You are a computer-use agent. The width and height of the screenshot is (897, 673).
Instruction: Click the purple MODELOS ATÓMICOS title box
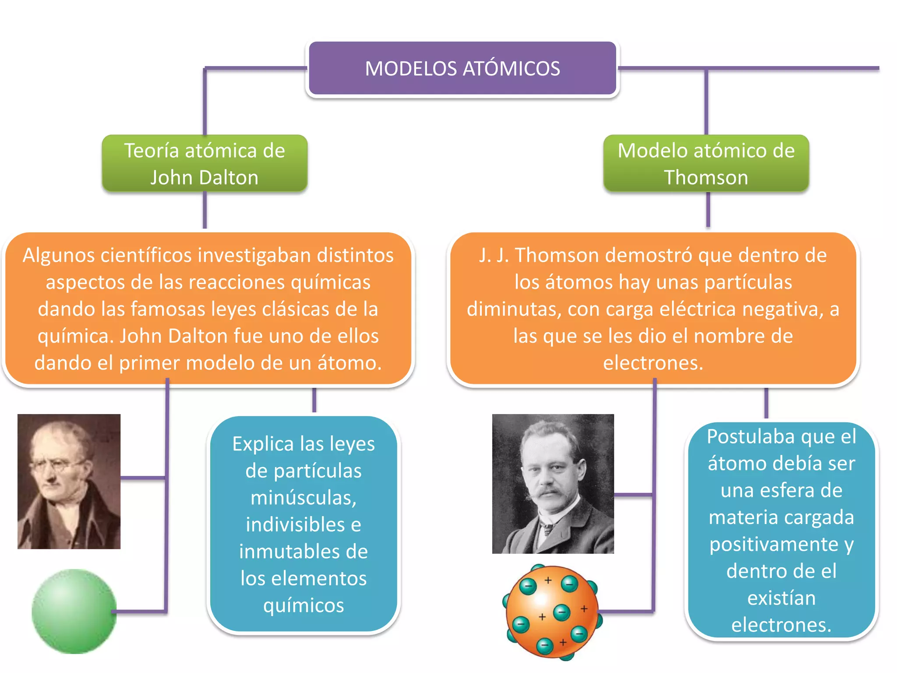point(463,68)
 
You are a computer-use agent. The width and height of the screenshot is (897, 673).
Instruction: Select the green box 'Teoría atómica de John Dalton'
point(205,163)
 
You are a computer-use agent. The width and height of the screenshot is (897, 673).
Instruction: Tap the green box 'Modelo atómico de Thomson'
point(706,163)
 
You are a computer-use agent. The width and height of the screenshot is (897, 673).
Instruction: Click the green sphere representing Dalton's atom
point(74,611)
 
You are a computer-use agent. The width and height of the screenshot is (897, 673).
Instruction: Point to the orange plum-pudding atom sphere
point(552,612)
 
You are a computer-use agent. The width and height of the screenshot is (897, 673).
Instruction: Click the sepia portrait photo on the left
point(69,481)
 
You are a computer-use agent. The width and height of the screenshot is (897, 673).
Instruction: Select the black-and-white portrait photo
point(553,484)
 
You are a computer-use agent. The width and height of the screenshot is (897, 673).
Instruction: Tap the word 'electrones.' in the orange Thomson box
point(653,363)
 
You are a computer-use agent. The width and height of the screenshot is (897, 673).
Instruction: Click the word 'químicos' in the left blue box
point(304,606)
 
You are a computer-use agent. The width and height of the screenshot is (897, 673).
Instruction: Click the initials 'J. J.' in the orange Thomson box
point(494,255)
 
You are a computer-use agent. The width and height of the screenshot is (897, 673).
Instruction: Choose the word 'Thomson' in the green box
point(706,177)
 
